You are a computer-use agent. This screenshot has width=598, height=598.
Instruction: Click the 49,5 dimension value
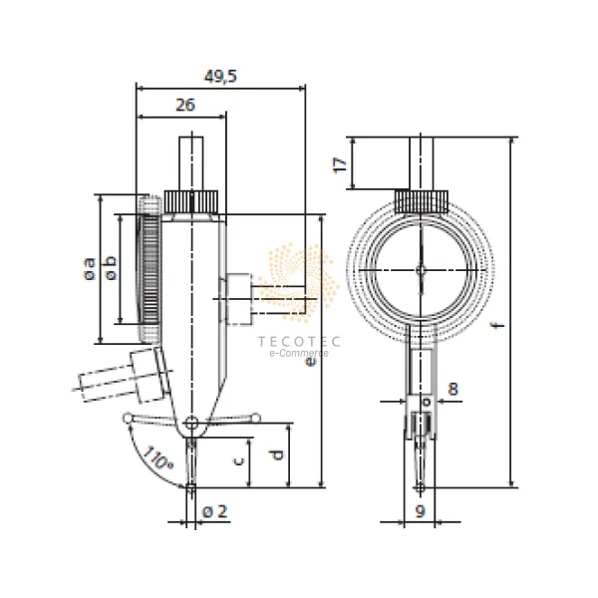pyautogui.click(x=220, y=77)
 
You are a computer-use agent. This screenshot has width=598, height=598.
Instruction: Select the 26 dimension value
pyautogui.click(x=185, y=105)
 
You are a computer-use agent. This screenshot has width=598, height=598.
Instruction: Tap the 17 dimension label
pyautogui.click(x=340, y=164)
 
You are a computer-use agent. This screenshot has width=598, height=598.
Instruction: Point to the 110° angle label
pyautogui.click(x=157, y=458)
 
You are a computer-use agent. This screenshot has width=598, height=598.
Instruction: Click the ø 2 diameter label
pyautogui.click(x=214, y=511)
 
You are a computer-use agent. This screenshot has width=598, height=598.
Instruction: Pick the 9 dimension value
pyautogui.click(x=420, y=511)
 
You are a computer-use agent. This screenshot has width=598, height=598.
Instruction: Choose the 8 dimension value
pyautogui.click(x=452, y=389)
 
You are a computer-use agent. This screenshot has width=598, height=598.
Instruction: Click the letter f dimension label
pyautogui.click(x=498, y=325)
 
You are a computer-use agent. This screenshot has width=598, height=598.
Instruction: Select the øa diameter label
pyautogui.click(x=90, y=269)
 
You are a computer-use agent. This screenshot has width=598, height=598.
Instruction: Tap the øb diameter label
pyautogui.click(x=111, y=268)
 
